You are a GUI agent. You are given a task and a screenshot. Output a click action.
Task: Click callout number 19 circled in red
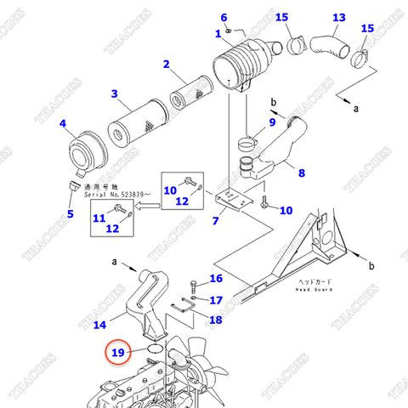pos(118,352)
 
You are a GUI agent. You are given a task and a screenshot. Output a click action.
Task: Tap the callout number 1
pos(218,33)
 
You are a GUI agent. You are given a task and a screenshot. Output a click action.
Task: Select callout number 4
pos(62,125)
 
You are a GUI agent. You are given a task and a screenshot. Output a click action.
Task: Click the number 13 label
pos(339,17)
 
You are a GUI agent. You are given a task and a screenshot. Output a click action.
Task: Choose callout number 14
pos(99,324)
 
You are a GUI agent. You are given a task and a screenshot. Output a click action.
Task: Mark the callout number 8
pos(301,174)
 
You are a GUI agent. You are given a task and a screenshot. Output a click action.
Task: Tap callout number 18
pos(216,320)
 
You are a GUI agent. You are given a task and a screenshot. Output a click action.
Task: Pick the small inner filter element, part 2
pos(190,90)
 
